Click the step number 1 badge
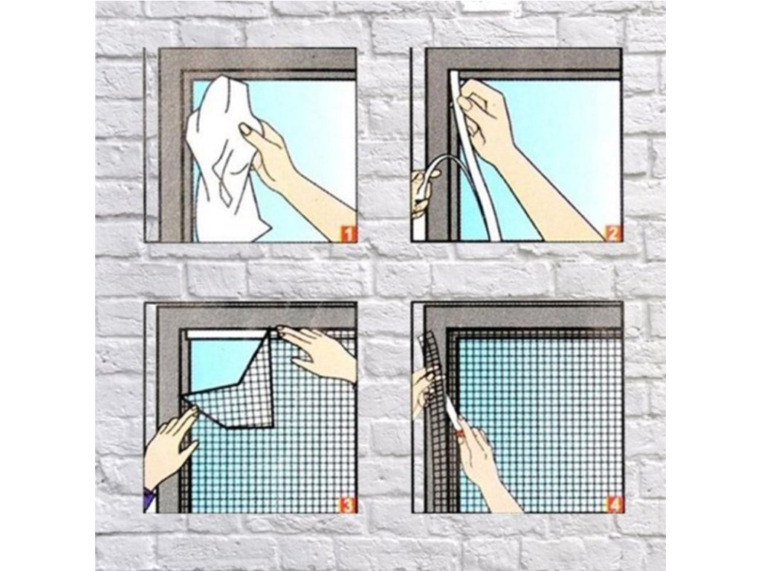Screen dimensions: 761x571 coord(349,234)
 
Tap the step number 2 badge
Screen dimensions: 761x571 coord(612,234)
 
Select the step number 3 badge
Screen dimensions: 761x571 coord(348,505)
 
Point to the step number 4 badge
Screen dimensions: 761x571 coord(615,505)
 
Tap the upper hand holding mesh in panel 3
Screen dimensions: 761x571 coord(318,352)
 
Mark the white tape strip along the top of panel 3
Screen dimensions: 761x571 coord(227,335)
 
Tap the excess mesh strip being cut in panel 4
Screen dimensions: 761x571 coord(434,388)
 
